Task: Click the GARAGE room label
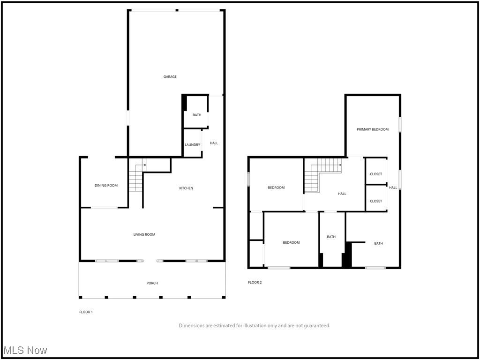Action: [x=170, y=77]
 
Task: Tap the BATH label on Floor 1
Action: [x=196, y=115]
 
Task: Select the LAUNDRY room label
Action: [x=192, y=145]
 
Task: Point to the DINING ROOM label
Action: [x=106, y=186]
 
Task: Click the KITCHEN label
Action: [x=186, y=188]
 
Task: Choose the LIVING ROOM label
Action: [x=144, y=234]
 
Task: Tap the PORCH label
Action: [x=152, y=283]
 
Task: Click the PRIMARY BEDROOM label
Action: [x=373, y=129]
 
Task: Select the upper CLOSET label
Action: [x=376, y=174]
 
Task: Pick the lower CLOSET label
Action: [x=376, y=201]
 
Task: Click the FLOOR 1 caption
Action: [x=86, y=312]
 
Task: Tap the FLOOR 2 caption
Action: [x=255, y=283]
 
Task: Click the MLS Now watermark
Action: [x=25, y=350]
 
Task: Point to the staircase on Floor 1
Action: [x=136, y=178]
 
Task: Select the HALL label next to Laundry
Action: [x=214, y=143]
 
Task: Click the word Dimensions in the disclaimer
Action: [x=193, y=326]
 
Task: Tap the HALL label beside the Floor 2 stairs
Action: [x=342, y=194]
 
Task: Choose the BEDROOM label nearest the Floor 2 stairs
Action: [x=276, y=188]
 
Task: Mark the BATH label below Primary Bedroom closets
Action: [x=378, y=243]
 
